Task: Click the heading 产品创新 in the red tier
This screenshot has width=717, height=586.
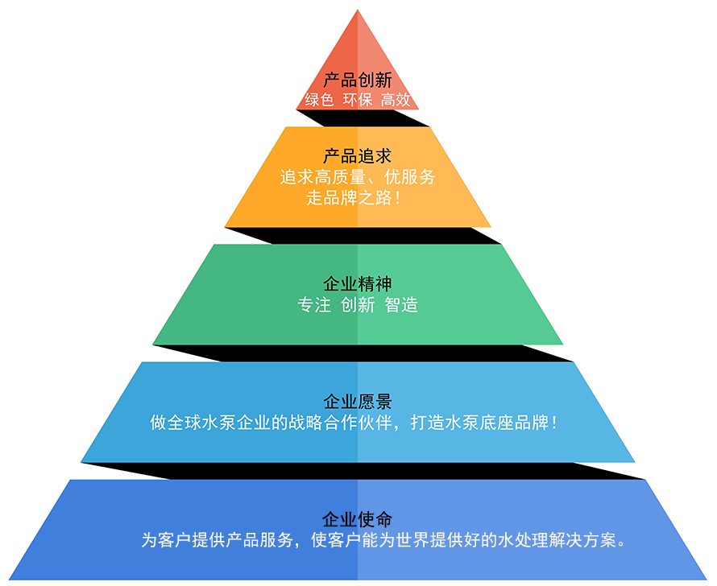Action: pyautogui.click(x=358, y=80)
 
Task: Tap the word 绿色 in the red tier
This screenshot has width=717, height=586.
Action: pyautogui.click(x=319, y=100)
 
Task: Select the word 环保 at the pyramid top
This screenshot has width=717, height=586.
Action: pyautogui.click(x=358, y=100)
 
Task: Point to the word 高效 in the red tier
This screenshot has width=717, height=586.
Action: pyautogui.click(x=396, y=100)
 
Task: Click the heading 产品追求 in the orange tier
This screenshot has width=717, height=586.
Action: pyautogui.click(x=358, y=156)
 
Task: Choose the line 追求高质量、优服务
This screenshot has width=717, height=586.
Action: pyautogui.click(x=358, y=177)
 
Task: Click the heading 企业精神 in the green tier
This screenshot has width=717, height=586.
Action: pyautogui.click(x=358, y=284)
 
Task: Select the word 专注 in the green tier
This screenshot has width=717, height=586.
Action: pyautogui.click(x=314, y=305)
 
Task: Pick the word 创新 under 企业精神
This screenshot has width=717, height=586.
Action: pyautogui.click(x=358, y=305)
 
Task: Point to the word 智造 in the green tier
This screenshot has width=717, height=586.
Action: pyautogui.click(x=401, y=305)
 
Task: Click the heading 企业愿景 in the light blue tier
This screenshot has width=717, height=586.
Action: pyautogui.click(x=358, y=401)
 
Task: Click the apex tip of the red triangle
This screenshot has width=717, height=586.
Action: pyautogui.click(x=358, y=11)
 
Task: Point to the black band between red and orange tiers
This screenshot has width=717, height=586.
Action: pyautogui.click(x=358, y=118)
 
